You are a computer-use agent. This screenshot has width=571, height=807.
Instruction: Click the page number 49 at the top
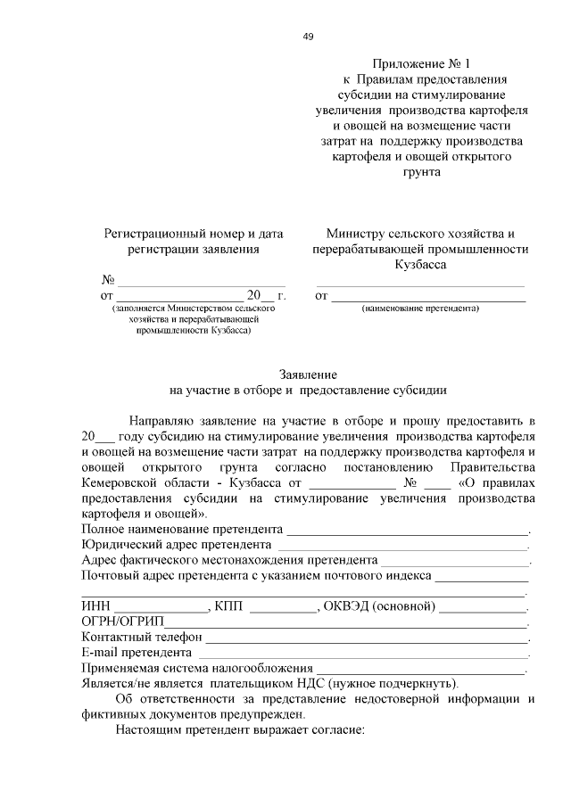pos(308,37)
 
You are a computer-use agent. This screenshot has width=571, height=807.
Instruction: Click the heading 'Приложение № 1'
pos(420,63)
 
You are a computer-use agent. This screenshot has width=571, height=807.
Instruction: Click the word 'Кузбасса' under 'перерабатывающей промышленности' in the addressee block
pos(420,265)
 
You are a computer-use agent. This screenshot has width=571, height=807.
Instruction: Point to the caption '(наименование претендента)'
pos(420,309)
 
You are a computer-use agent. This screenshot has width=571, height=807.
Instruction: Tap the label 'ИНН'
pos(95,606)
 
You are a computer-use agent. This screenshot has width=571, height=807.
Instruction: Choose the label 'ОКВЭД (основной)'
pos(379,606)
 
